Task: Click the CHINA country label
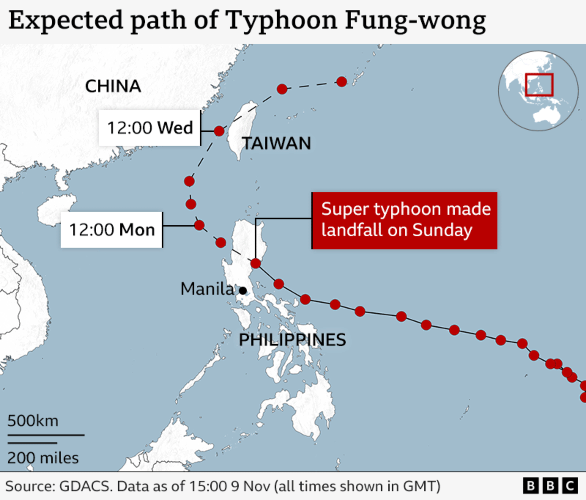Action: [113, 87]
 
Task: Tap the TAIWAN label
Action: [277, 143]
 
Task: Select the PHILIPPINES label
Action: [292, 340]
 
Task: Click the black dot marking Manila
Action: [243, 291]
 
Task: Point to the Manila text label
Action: [207, 289]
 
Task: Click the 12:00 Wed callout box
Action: [149, 128]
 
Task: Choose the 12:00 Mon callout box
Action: [112, 230]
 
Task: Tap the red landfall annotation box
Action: [405, 220]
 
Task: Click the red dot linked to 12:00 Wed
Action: [219, 131]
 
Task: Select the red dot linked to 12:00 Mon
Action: [199, 225]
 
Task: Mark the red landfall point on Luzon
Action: [256, 263]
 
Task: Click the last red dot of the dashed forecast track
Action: [342, 82]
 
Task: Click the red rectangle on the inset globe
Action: [539, 85]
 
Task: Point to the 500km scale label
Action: [33, 421]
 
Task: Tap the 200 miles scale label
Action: [43, 458]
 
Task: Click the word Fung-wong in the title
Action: [415, 21]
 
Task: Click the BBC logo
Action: [550, 486]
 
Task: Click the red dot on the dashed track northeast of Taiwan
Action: [282, 89]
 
